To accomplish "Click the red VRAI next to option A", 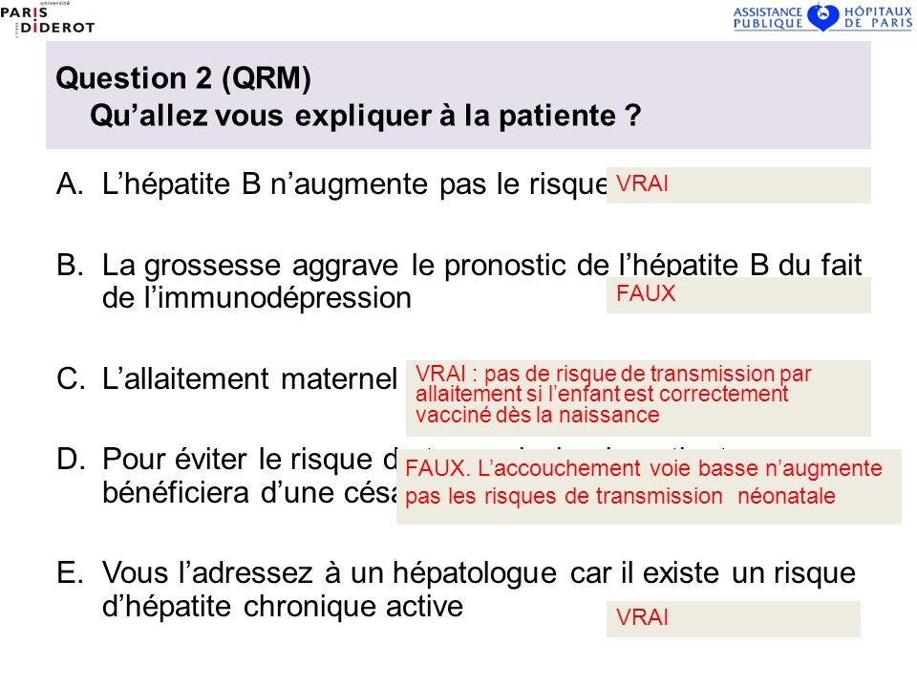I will pos(643,184).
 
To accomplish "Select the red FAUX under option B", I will pos(646,294).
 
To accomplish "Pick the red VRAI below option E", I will pos(643,618).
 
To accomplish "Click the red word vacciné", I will pos(447,416).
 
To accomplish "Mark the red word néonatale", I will pos(787,496).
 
